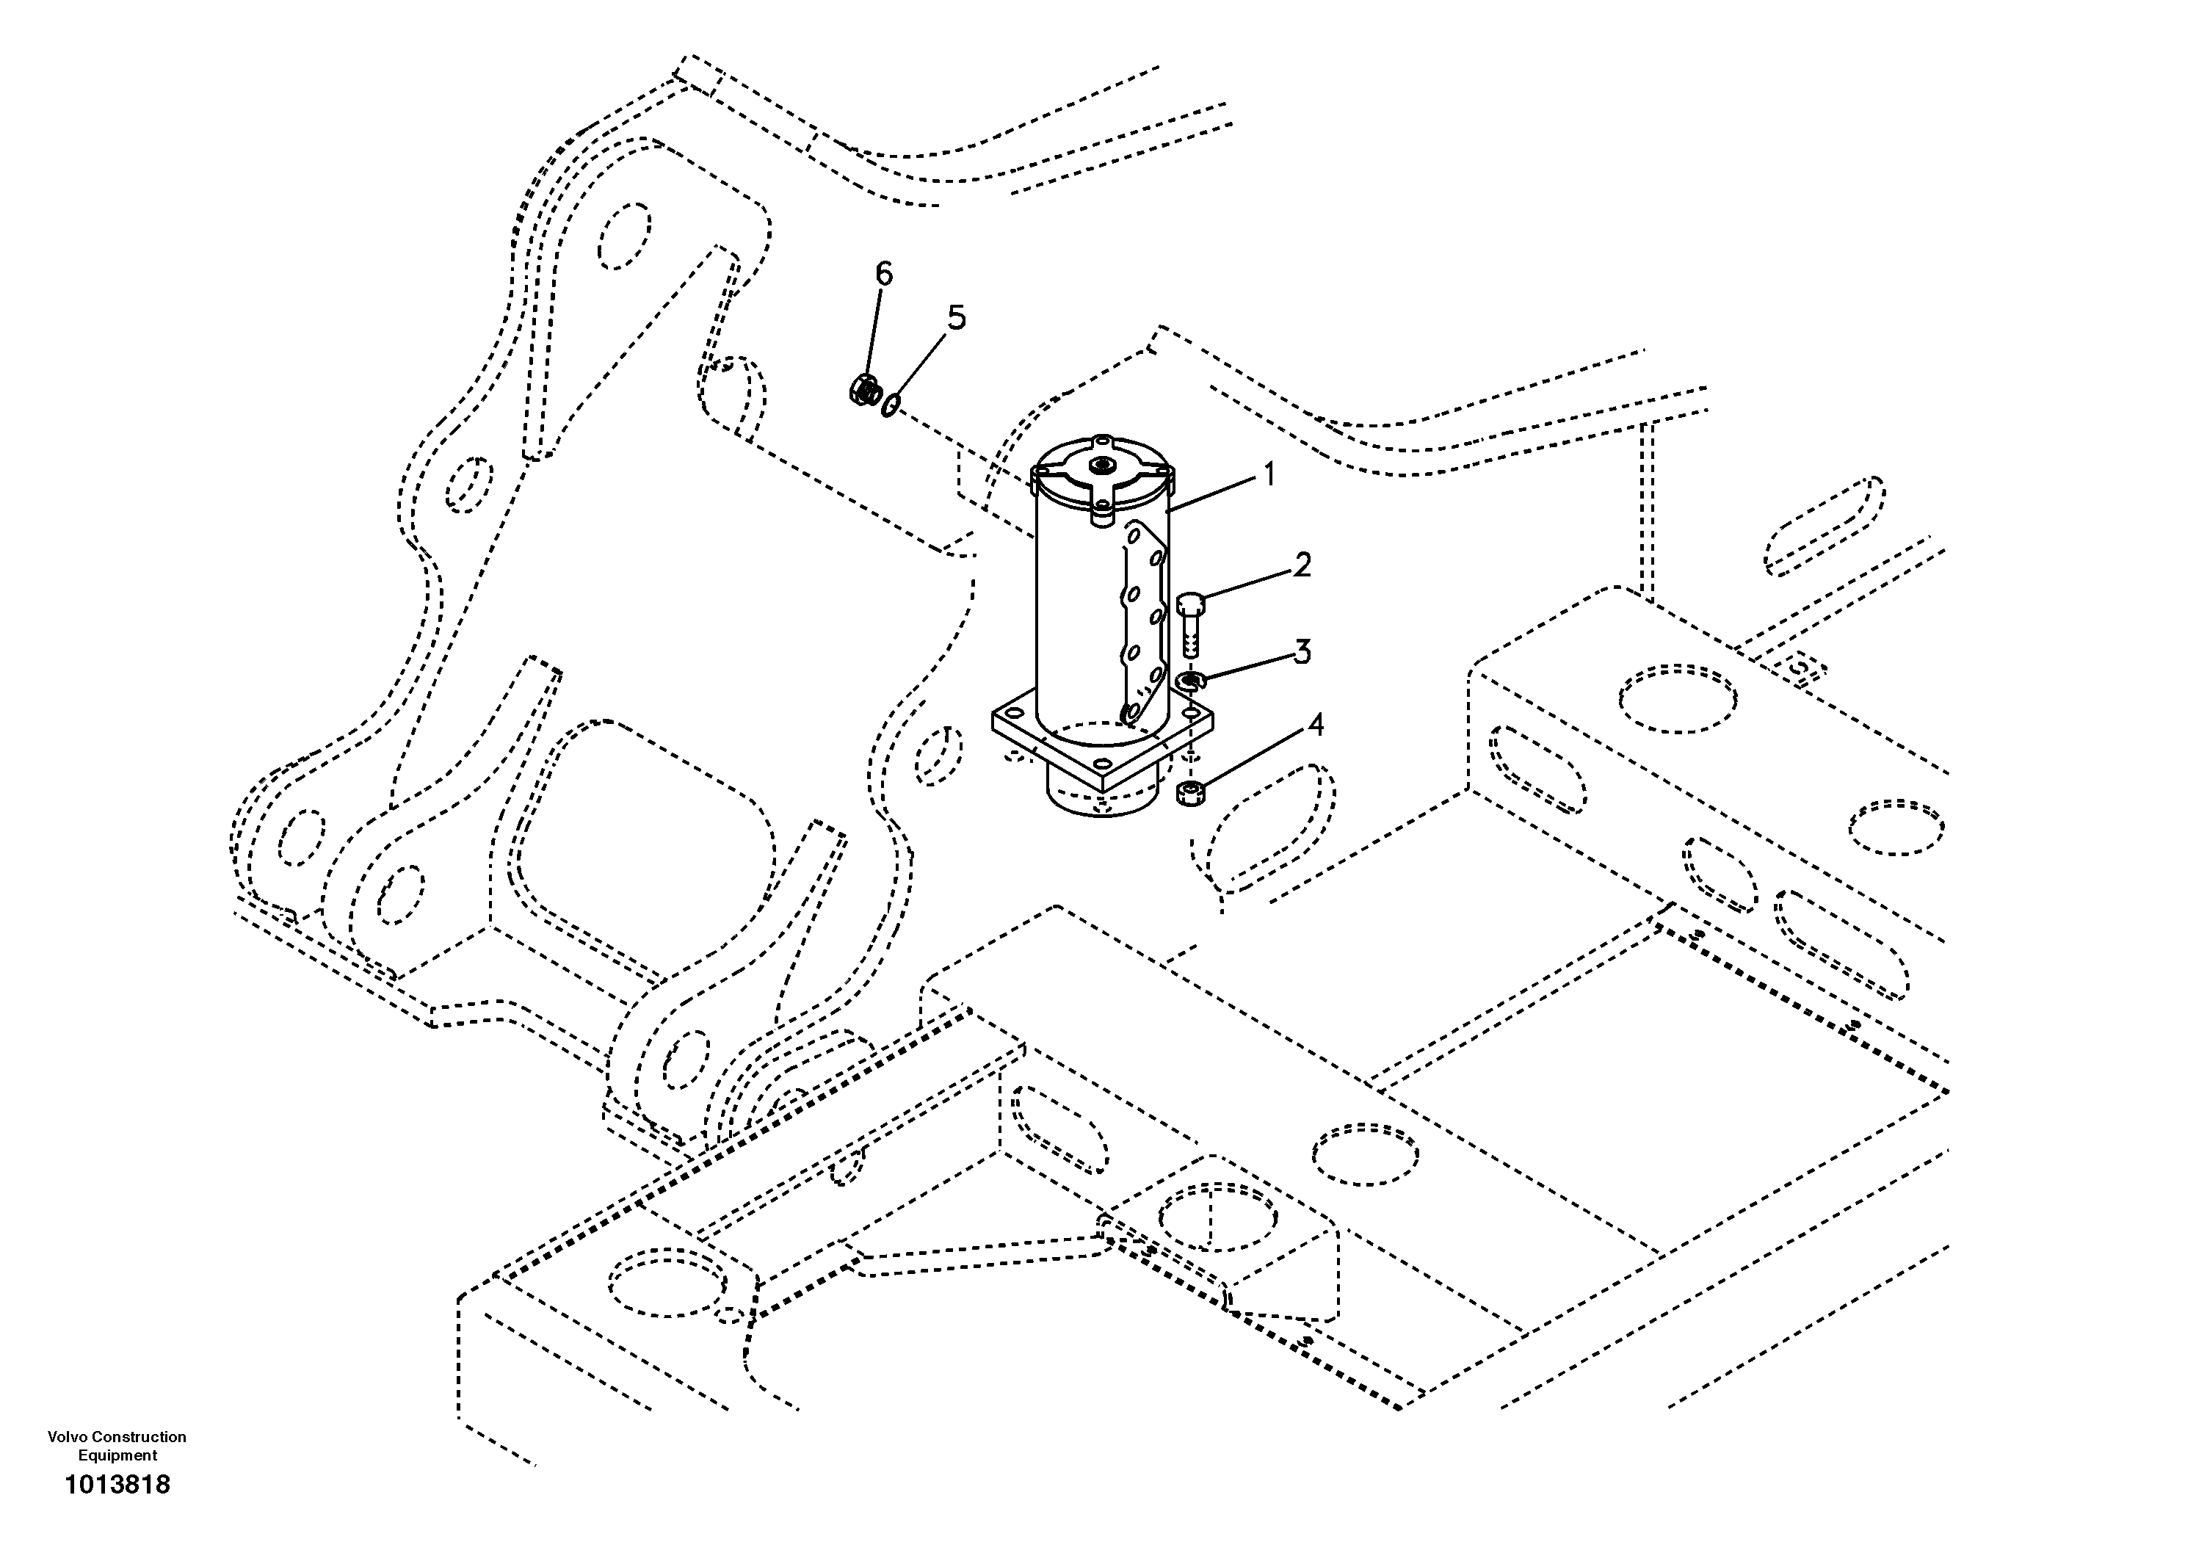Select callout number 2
pyautogui.click(x=1301, y=565)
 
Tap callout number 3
pyautogui.click(x=1301, y=652)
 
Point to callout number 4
pyautogui.click(x=1314, y=725)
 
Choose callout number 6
pyautogui.click(x=884, y=274)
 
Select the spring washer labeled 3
pyautogui.click(x=1189, y=681)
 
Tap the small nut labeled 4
pyautogui.click(x=1189, y=792)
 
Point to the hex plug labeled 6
pyautogui.click(x=864, y=388)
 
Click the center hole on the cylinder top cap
pyautogui.click(x=1103, y=465)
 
